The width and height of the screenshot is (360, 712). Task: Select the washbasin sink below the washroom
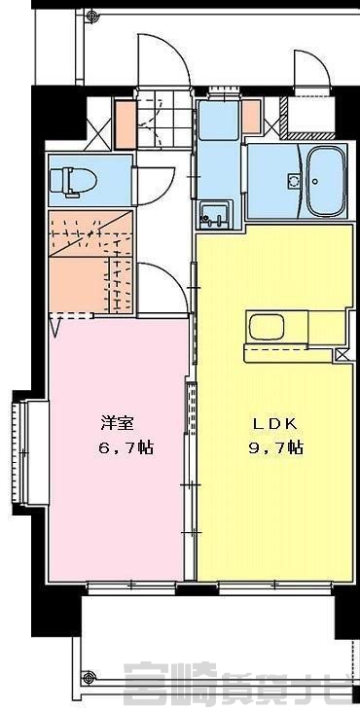point(215,214)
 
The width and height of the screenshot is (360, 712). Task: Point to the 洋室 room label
point(117,423)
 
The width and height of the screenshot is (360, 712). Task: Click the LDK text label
point(274,424)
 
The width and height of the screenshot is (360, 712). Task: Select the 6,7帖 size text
point(126,448)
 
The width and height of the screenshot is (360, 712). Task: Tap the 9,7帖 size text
point(275,448)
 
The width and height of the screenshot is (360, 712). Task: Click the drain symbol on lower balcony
point(90,676)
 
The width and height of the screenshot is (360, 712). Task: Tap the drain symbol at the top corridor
point(93,16)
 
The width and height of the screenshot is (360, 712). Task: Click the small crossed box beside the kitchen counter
point(342,355)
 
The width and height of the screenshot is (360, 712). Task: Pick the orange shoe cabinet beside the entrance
point(126,125)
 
